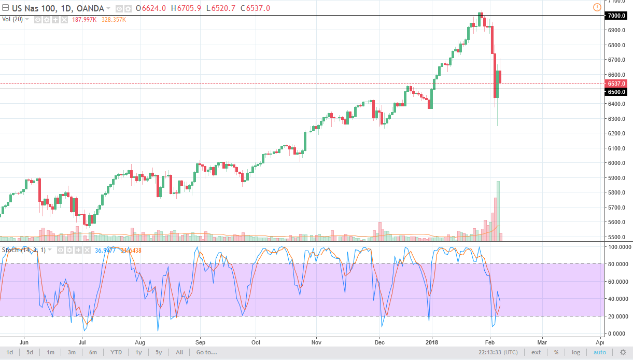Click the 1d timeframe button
[x=10, y=352]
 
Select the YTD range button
[x=116, y=352]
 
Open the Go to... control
[x=206, y=352]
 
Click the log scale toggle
[x=575, y=352]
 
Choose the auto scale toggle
[x=599, y=352]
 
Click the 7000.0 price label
[x=616, y=16]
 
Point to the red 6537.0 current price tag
[x=616, y=83]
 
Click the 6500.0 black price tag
[x=616, y=91]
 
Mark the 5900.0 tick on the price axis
[x=616, y=178]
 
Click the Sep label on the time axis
[x=201, y=342]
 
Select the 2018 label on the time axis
[x=432, y=342]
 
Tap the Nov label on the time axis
[x=317, y=342]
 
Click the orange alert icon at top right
[x=596, y=7]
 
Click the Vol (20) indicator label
[x=13, y=20]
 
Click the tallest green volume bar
[x=498, y=211]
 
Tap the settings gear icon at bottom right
[x=623, y=352]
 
